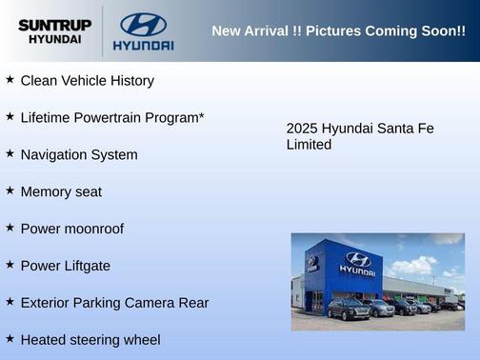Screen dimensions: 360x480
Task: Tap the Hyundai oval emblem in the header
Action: pos(143,24)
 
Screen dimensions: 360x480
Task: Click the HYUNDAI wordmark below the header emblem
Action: pos(143,45)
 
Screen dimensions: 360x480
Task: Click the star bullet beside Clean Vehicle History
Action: pos(10,80)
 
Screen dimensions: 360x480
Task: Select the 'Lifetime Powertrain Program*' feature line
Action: pos(112,118)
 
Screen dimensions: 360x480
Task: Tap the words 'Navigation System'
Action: pos(79,154)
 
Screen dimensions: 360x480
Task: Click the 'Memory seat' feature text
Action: pos(61,191)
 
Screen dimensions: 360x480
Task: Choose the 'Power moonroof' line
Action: pos(71,229)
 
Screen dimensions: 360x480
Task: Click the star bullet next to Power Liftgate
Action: pos(10,265)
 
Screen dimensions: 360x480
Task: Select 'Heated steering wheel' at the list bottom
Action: pos(90,340)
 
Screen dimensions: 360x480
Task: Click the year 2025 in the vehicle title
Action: pos(302,129)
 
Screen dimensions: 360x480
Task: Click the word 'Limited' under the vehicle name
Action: pos(309,145)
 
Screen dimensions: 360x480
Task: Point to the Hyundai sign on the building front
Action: pos(357,264)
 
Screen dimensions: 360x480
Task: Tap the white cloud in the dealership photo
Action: pos(414,265)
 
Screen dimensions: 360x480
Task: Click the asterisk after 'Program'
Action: pos(201,115)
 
